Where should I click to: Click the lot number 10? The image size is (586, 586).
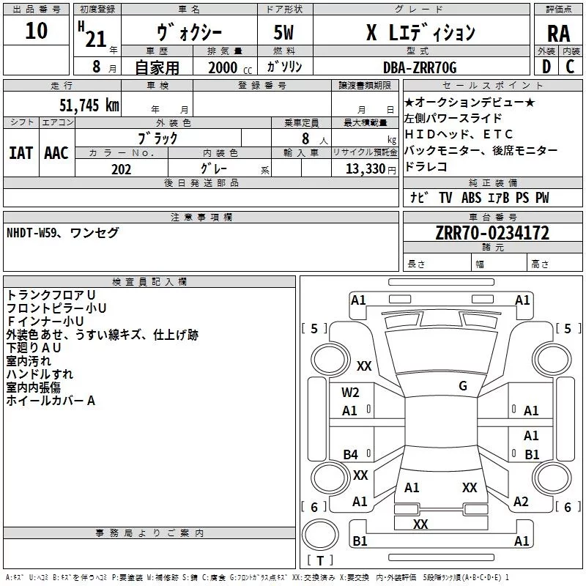pos(36,31)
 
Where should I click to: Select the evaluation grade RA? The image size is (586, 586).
pos(558,33)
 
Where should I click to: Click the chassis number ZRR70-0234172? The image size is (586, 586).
pos(492,233)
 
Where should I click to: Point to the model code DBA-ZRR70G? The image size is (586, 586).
pos(420,67)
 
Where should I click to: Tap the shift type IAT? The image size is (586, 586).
pos(21,153)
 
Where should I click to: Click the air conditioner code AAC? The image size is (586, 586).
pos(56,153)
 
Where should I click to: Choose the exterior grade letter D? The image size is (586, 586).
pos(546,67)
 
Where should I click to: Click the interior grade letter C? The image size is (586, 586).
pos(570,67)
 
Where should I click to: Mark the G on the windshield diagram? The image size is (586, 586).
pos(463,386)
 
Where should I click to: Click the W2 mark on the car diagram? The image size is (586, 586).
pos(350,393)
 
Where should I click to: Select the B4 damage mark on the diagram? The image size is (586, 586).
pos(350,455)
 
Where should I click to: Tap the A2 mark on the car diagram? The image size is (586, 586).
pos(521,502)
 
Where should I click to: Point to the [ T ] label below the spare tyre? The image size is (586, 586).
pos(320,561)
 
